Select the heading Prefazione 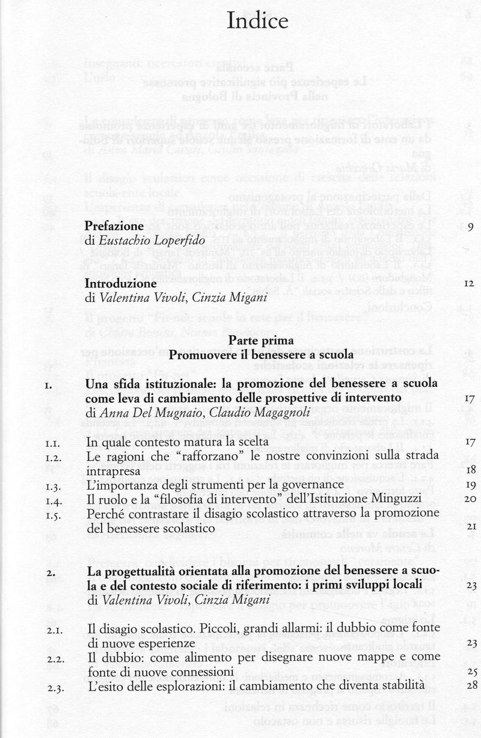(x=114, y=227)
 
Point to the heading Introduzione (x=121, y=283)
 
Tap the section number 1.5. (x=54, y=512)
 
